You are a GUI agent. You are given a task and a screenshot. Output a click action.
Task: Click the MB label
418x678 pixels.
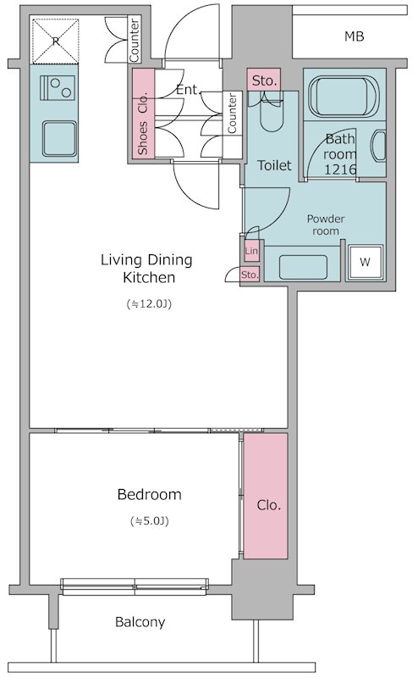[354, 36]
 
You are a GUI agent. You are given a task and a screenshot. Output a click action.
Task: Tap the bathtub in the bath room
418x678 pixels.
[344, 97]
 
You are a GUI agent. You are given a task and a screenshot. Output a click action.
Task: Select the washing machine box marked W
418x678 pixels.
[366, 262]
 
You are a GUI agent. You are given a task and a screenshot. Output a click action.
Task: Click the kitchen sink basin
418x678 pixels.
[59, 138]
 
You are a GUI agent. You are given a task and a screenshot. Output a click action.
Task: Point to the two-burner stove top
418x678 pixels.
[58, 88]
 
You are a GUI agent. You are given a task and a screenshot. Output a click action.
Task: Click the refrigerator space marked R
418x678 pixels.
[55, 41]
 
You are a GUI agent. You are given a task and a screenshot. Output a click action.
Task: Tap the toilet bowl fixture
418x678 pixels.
[272, 114]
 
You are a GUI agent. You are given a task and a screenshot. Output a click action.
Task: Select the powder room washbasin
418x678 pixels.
[303, 267]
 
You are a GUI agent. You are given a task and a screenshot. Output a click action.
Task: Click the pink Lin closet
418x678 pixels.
[252, 251]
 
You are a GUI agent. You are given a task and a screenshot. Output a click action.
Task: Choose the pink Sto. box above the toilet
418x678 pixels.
[264, 80]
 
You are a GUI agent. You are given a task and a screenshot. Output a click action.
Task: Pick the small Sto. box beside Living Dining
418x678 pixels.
[250, 275]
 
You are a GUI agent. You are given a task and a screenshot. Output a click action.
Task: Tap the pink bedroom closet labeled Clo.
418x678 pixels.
[266, 496]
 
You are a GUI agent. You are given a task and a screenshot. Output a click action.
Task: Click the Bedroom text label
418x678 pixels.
[150, 494]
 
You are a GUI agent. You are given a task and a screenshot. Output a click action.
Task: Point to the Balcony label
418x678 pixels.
[140, 622]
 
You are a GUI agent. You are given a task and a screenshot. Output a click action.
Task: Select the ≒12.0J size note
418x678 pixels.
[149, 304]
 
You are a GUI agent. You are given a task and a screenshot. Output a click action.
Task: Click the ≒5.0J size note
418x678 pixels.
[150, 521]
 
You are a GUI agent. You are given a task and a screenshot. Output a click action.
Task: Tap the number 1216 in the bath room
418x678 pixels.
[340, 169]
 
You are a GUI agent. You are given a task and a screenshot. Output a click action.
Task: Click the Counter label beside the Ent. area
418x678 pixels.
[233, 114]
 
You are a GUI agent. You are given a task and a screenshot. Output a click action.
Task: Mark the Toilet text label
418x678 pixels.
[274, 165]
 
